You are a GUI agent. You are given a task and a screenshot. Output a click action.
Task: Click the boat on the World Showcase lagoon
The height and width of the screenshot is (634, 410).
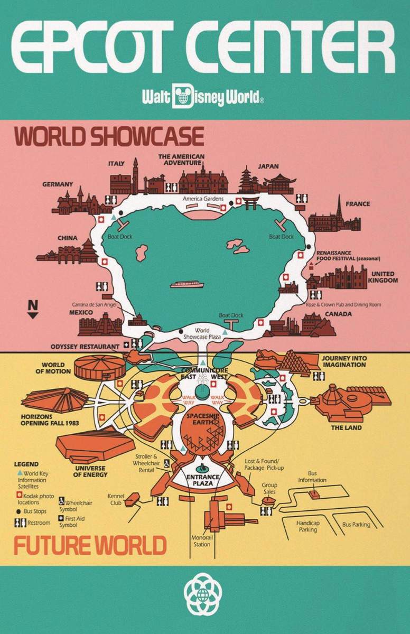[x=187, y=284]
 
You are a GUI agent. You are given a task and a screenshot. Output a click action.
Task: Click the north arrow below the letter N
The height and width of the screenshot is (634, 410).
[x=33, y=315]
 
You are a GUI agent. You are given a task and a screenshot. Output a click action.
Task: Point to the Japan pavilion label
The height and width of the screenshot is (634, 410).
[x=268, y=166]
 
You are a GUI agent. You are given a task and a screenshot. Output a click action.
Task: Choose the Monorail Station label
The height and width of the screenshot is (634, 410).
[x=201, y=541]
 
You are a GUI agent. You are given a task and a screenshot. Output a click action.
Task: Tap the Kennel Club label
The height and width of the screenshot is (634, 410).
[x=116, y=499]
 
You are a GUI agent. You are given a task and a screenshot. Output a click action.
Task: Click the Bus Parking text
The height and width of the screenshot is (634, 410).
[x=356, y=525]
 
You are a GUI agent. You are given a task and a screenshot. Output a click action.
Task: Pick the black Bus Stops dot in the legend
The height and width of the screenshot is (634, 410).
[x=18, y=512]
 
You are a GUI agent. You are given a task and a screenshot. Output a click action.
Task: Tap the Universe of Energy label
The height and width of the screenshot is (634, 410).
[x=90, y=471]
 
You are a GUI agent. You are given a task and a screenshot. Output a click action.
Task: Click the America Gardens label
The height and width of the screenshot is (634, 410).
[x=203, y=199]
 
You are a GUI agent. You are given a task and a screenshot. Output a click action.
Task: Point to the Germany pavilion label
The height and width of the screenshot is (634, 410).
[x=58, y=184]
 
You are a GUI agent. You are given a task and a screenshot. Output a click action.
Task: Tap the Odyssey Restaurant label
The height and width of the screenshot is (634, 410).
[x=85, y=347]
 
